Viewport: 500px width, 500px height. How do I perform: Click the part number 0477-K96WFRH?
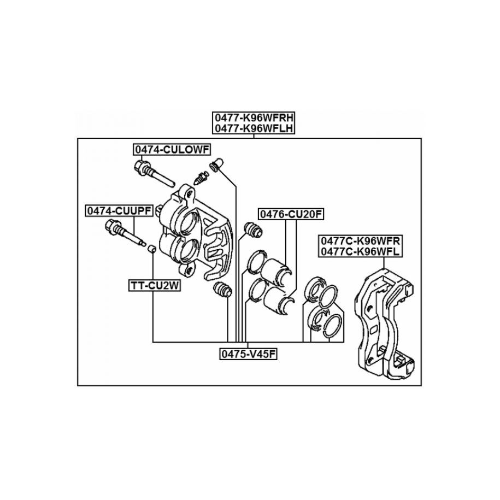[254, 117]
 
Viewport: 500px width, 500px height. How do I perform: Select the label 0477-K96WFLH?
[254, 128]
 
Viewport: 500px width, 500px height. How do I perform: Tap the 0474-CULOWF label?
[172, 149]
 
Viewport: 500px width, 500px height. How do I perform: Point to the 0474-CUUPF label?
[119, 211]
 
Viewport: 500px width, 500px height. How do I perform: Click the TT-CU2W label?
[155, 286]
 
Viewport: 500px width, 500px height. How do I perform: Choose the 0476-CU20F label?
[291, 214]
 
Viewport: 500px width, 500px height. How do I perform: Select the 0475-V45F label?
[249, 354]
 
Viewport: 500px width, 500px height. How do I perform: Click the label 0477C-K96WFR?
[360, 240]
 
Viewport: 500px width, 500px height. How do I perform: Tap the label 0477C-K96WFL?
[360, 251]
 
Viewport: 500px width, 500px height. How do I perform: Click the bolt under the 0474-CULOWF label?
[154, 173]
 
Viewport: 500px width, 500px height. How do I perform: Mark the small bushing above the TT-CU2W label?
[152, 249]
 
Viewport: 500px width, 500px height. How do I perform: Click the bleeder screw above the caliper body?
[201, 177]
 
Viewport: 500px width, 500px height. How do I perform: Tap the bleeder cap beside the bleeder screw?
[216, 165]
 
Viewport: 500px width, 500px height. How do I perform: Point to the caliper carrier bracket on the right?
[385, 323]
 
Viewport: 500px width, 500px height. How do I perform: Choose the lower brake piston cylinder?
[279, 301]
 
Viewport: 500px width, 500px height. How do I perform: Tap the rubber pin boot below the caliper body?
[222, 289]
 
